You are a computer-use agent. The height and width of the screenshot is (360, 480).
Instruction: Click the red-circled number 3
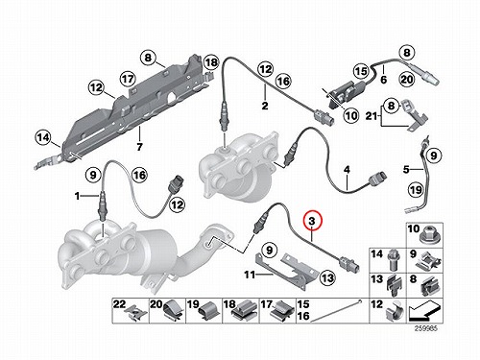(x=312, y=221)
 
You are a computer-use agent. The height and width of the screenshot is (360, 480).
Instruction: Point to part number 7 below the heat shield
(x=139, y=147)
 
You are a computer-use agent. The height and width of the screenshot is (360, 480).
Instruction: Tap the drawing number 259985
(x=425, y=328)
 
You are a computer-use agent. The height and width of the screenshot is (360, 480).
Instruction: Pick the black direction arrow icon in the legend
(x=424, y=311)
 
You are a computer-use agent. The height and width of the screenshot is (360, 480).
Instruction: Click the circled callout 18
(x=211, y=62)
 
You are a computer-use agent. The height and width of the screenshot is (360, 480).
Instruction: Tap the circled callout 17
(x=128, y=79)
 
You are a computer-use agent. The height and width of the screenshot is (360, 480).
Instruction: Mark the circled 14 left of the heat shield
(x=43, y=138)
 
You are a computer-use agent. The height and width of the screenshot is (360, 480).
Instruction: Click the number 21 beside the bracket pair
(x=371, y=116)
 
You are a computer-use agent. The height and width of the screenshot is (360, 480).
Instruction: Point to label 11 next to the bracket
(x=250, y=275)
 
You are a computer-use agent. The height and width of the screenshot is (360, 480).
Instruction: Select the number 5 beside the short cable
(x=406, y=169)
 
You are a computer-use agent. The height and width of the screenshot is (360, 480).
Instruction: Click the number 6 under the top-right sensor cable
(x=383, y=79)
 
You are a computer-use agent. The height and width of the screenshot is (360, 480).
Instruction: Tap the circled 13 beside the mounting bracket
(x=327, y=277)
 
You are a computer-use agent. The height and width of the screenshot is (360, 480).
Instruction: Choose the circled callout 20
(x=407, y=79)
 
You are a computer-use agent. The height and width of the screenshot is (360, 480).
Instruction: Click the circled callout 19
(x=416, y=190)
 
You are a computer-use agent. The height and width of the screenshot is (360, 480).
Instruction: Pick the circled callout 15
(x=361, y=71)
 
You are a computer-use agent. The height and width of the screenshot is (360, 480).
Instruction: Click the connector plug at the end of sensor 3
(x=349, y=264)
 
